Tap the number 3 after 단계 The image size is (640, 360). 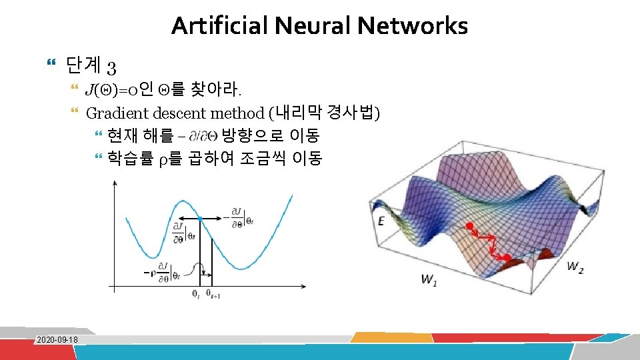pyautogui.click(x=111, y=67)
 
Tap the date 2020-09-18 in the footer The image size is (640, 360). pyautogui.click(x=57, y=340)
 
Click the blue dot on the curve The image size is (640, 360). pyautogui.click(x=200, y=219)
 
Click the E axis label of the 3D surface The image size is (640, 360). pyautogui.click(x=381, y=221)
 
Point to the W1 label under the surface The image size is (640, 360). pyautogui.click(x=429, y=279)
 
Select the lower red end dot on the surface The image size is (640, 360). pyautogui.click(x=507, y=257)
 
